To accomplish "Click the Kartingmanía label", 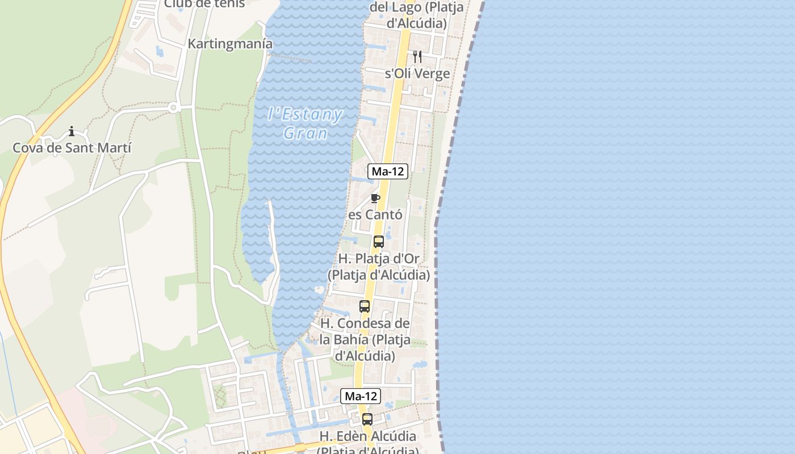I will pos(230,44).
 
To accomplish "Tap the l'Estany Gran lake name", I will pos(305,124).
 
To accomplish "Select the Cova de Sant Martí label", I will pos(72,148).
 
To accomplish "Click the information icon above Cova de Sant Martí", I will pos(72,132).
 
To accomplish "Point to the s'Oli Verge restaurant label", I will pos(417,74).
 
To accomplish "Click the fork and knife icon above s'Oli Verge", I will pos(417,57).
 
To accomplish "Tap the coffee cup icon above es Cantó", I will pos(375,198).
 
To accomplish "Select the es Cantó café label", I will pos(375,215).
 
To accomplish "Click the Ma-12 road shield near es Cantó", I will pos(388,171).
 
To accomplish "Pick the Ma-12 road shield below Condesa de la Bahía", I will pos(361,396).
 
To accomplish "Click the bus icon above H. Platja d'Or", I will pos(379,242).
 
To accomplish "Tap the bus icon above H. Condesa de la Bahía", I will pos(365,306).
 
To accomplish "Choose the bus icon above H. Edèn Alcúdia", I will pos(367,420).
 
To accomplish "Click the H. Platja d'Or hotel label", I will pos(379,267).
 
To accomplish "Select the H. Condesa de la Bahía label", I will pos(365,339).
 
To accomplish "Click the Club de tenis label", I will pos(204,4).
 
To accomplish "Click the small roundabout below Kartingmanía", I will pos(173,107).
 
